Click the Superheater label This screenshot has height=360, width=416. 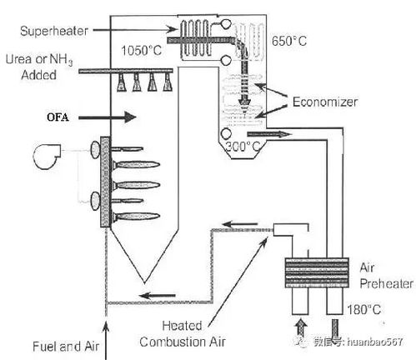(54, 31)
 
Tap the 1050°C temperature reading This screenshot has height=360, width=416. (141, 51)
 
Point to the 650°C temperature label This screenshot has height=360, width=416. (289, 41)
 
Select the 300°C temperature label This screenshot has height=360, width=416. (243, 146)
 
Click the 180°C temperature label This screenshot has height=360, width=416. (363, 309)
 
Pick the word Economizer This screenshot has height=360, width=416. (325, 102)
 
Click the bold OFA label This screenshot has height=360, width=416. (58, 117)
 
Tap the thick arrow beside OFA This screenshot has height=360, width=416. (108, 117)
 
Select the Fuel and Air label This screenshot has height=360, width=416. (66, 347)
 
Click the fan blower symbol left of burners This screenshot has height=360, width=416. (47, 156)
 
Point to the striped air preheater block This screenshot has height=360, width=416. (317, 272)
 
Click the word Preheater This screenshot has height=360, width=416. (386, 283)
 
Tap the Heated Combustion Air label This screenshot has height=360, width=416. (183, 333)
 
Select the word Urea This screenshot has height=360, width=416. (18, 59)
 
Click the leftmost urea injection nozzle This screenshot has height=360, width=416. (122, 82)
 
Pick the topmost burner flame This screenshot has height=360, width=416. (127, 149)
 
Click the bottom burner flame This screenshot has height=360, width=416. (136, 217)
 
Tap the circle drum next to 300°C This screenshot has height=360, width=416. (226, 134)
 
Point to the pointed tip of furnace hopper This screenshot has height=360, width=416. (144, 283)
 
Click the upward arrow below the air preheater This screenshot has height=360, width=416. (300, 327)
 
